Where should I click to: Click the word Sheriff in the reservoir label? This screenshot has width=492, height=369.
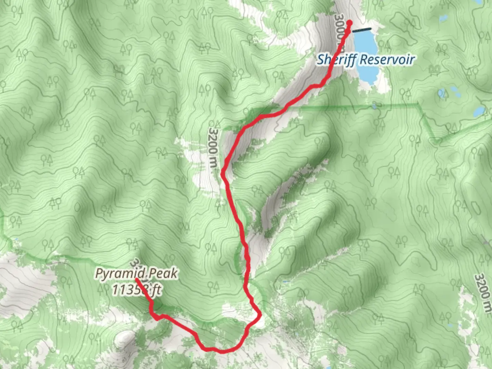coord(337,60)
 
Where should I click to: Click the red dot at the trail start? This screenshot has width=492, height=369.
coord(349,23)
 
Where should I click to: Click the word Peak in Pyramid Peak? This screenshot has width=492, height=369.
coord(165,273)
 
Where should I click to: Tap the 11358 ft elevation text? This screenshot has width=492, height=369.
coord(137,290)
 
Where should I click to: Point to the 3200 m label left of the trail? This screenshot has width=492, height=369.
coord(213,148)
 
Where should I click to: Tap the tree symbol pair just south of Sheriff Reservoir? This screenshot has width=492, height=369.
coord(407,92)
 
